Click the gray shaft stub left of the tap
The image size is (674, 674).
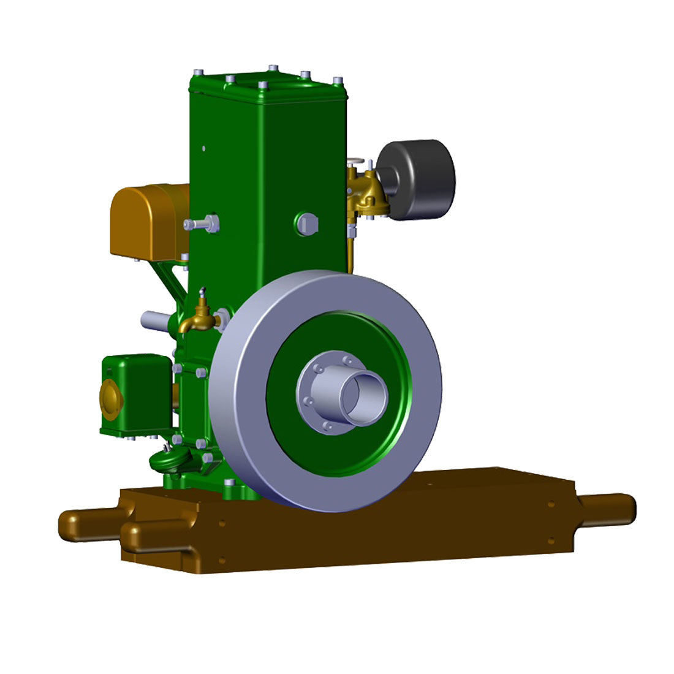click(x=156, y=320)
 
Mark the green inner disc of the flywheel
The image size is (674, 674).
click(x=288, y=429)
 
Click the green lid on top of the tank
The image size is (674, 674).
click(x=270, y=86)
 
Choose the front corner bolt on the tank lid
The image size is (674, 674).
click(x=263, y=85)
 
